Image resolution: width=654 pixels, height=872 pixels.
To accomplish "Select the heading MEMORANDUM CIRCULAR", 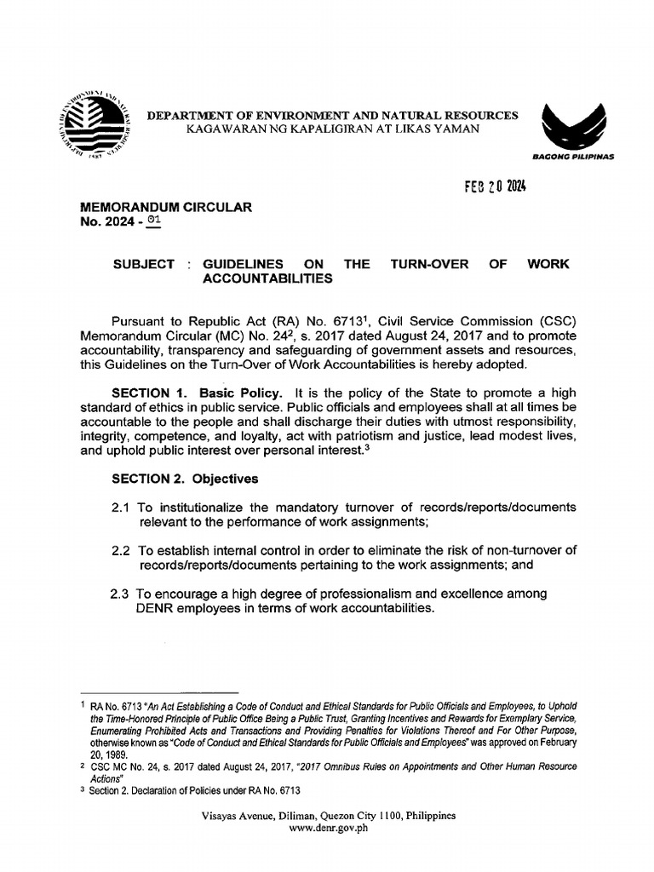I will pyautogui.click(x=165, y=207).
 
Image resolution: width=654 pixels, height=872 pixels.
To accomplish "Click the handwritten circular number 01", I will pyautogui.click(x=152, y=221).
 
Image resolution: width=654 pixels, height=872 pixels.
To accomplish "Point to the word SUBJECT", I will pyautogui.click(x=144, y=265).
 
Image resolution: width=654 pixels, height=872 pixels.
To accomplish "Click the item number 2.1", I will pyautogui.click(x=121, y=508).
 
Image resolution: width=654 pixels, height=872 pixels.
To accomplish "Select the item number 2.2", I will pyautogui.click(x=121, y=551).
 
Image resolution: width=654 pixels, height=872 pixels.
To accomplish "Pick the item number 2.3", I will pyautogui.click(x=121, y=594).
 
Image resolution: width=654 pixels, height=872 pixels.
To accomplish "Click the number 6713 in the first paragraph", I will pyautogui.click(x=334, y=321).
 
